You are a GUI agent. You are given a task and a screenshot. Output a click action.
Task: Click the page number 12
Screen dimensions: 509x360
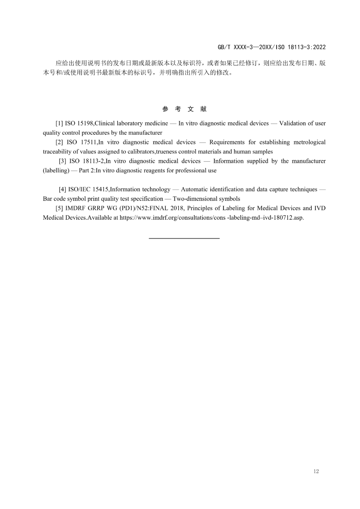point(316,471)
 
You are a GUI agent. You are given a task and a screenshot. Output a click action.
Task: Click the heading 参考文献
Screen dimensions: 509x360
point(184,109)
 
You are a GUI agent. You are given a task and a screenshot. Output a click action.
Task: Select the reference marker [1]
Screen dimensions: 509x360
point(59,123)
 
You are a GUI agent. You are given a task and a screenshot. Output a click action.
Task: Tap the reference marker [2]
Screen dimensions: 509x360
point(59,142)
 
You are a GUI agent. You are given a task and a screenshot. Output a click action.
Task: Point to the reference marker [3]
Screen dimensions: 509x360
point(62,161)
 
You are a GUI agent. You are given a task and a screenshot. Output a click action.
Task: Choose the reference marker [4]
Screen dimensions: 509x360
point(62,189)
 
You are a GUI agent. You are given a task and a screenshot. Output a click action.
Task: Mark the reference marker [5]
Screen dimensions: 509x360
point(59,208)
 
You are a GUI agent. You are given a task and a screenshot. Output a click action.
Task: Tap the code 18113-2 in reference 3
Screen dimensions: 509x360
point(94,161)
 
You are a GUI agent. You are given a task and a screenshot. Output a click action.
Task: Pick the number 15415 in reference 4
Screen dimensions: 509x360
point(100,189)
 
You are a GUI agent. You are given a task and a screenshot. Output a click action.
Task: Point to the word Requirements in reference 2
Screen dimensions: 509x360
point(226,142)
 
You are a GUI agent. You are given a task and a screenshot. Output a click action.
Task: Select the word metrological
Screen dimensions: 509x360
point(309,142)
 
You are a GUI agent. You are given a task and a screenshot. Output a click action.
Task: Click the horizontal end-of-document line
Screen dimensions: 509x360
point(184,238)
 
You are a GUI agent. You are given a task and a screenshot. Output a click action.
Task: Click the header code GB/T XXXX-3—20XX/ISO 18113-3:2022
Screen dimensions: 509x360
point(272,47)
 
